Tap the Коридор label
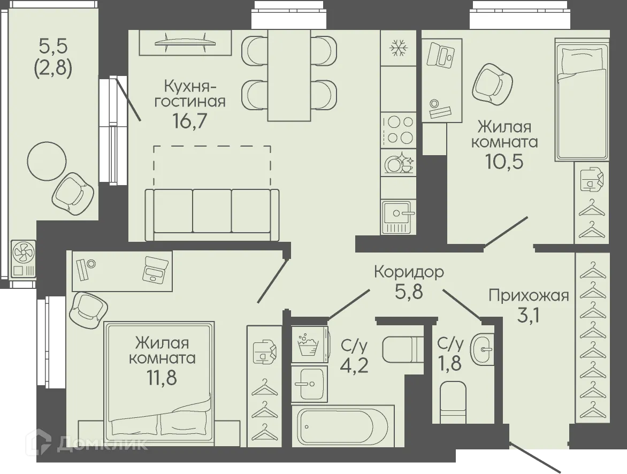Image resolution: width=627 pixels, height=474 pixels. coord(409,272)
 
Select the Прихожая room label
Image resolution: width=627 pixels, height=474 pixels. coord(528,295)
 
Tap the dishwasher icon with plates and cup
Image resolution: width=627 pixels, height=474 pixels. coord(399,162)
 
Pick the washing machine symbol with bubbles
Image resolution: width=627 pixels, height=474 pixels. coord(309,345)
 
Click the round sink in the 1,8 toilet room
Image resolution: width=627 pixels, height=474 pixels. coord(483,350)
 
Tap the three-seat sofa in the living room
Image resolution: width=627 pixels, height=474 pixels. coord(211,214)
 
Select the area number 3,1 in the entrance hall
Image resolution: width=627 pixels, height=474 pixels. coord(528,315)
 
